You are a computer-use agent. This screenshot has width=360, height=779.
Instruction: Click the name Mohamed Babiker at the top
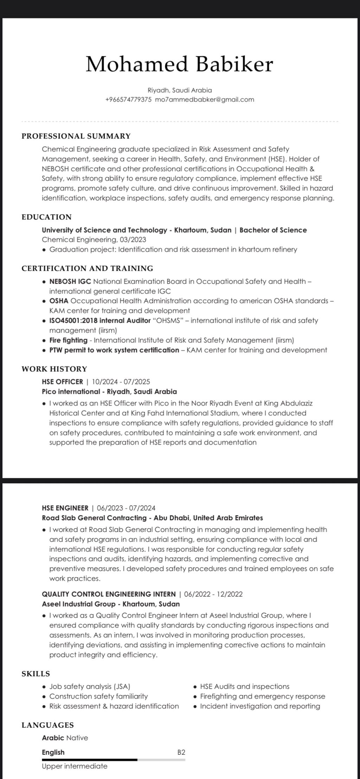point(179,64)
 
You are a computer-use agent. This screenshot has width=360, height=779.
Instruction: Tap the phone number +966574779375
point(128,99)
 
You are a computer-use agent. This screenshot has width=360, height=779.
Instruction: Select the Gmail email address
point(204,99)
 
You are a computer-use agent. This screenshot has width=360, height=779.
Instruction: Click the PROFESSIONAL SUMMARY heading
point(76,136)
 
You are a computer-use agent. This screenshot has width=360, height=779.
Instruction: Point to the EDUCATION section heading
point(46,217)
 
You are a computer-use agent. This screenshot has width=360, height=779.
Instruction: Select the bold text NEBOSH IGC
point(70,281)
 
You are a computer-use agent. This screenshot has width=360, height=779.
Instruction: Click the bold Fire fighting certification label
point(68,340)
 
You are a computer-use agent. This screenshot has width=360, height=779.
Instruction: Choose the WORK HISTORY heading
point(54,369)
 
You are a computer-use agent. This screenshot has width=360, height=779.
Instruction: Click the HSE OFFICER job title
point(62,382)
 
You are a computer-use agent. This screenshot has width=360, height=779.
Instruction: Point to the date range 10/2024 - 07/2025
point(121,382)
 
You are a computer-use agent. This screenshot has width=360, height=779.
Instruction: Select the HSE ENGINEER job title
point(65,508)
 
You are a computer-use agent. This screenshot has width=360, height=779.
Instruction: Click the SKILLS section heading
point(36,674)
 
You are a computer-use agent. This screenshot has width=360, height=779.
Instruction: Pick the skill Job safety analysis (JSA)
point(90,687)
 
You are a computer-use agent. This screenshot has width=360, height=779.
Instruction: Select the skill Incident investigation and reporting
point(260,706)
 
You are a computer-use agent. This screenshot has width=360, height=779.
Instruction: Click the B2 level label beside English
point(181,752)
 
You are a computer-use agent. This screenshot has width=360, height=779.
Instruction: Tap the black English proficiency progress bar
point(90,760)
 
